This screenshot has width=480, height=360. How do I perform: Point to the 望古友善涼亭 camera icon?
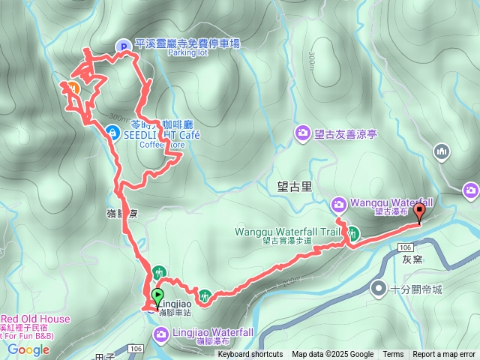(302, 133)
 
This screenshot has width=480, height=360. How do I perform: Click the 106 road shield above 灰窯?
(405, 247)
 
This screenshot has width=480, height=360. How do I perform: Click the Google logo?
(28, 349)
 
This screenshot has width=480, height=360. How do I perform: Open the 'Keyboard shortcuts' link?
(250, 355)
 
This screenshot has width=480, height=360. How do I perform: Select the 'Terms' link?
(393, 355)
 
